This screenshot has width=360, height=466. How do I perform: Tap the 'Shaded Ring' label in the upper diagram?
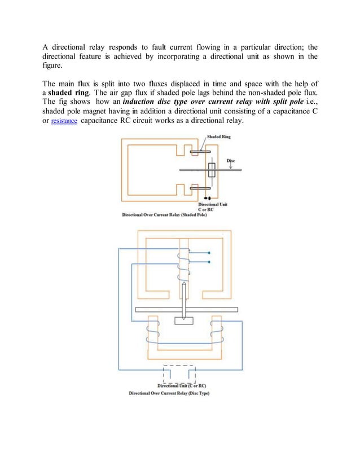[x=219, y=137]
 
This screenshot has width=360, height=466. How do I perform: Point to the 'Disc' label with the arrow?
[x=231, y=161]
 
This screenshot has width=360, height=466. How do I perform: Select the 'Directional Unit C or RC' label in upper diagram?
[x=212, y=206]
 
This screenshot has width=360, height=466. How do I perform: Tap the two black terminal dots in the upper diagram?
[x=207, y=199]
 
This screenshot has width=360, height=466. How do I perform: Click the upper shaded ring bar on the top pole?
[x=200, y=152]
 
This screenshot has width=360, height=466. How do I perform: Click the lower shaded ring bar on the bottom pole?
[x=200, y=188]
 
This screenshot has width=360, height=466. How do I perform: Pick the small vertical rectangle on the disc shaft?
[x=212, y=169]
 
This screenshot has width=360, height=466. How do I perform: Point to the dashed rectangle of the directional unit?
[x=179, y=374]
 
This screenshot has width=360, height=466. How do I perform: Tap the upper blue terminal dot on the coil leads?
[x=209, y=253]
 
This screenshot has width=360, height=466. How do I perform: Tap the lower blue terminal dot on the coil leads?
[x=209, y=262]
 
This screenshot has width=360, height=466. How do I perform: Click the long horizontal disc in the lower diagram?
[x=187, y=309]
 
